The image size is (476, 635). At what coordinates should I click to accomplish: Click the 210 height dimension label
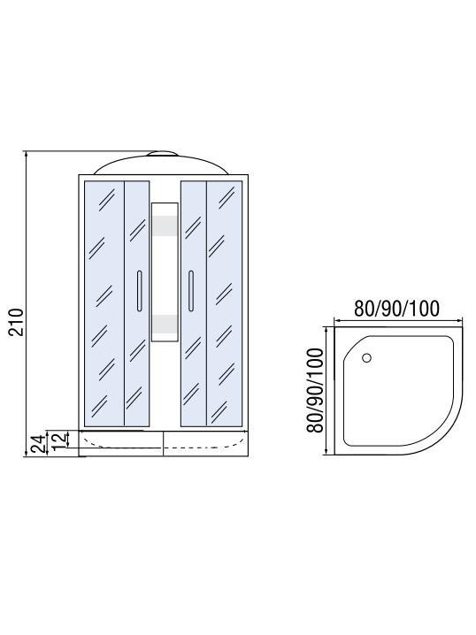tap(17, 322)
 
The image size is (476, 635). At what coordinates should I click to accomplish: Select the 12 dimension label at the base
tap(59, 440)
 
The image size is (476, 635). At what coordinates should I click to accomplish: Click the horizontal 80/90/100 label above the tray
tap(396, 309)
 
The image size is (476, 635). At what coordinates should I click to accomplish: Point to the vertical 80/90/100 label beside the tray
tap(316, 390)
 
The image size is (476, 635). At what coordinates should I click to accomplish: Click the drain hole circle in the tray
tap(366, 357)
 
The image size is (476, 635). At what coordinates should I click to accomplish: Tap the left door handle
tap(140, 291)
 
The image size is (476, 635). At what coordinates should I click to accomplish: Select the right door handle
tap(191, 291)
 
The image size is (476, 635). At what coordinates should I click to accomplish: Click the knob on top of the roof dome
tap(162, 154)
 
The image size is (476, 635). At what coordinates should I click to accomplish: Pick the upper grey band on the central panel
tap(165, 226)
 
